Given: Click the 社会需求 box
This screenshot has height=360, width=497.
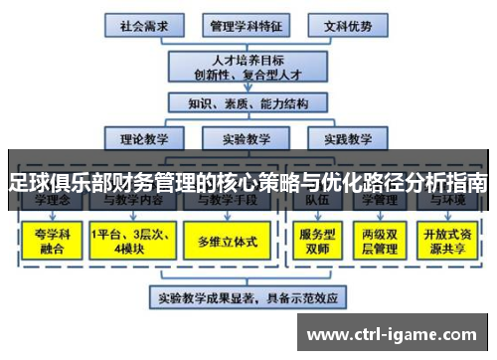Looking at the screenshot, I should pyautogui.click(x=143, y=24).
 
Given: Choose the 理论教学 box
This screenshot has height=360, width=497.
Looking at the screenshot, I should pyautogui.click(x=143, y=138).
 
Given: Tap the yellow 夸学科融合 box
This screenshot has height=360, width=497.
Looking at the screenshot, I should pyautogui.click(x=47, y=241).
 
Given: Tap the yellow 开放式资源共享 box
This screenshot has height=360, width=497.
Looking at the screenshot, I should pyautogui.click(x=449, y=241).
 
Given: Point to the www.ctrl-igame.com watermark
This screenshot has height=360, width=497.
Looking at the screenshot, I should pyautogui.click(x=397, y=331).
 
